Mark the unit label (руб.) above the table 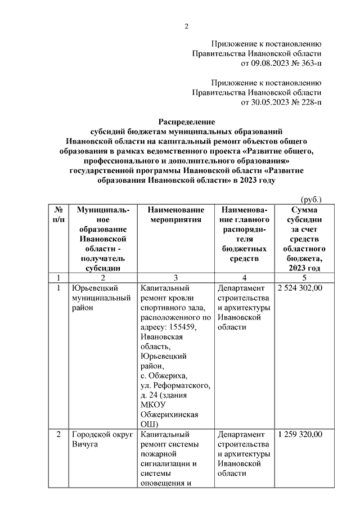coord(311,199)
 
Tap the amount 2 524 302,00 coord(300,288)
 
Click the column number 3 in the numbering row coord(175,277)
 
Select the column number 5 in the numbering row coord(304,277)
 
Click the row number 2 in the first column coord(58,434)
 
